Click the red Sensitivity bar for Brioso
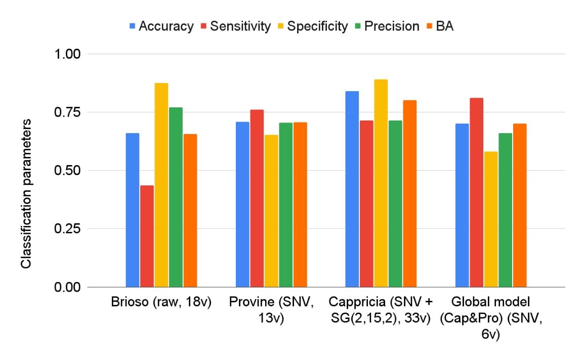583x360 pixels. point(147,236)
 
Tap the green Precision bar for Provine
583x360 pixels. point(286,205)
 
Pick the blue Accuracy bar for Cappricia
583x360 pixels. point(352,189)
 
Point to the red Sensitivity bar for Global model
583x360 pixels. point(476,192)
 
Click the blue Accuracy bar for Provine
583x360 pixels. point(242,205)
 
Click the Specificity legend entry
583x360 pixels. point(313,26)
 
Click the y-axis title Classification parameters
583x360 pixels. point(26,194)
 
